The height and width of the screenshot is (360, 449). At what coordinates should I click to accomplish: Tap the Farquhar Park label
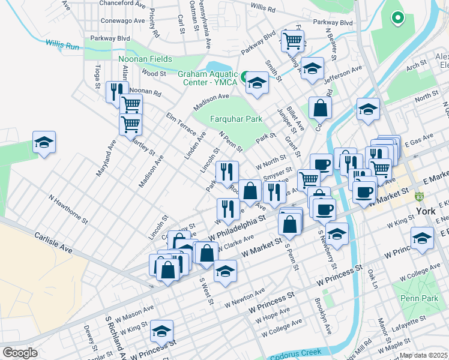coord(237,119)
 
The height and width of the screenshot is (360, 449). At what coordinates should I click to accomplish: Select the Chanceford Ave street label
coord(122,4)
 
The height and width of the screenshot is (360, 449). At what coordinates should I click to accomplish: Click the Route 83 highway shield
coord(420,196)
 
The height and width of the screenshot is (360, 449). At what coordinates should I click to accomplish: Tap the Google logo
coord(20,353)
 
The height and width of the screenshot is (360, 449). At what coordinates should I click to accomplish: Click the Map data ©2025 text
coord(424,355)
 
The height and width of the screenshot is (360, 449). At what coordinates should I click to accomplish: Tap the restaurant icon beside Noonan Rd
coord(114,92)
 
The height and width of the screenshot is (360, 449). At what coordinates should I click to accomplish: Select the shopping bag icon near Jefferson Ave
coord(321,108)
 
